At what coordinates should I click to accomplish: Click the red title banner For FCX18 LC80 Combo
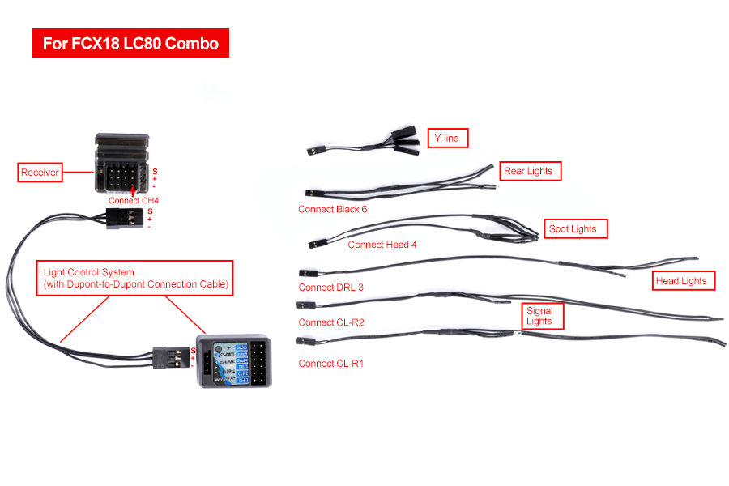(x=130, y=43)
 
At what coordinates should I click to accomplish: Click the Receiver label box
(x=40, y=173)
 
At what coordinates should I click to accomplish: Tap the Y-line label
(x=447, y=139)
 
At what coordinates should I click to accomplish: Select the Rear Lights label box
(x=527, y=171)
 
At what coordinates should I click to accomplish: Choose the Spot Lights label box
(x=573, y=229)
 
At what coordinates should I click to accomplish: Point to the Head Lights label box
(x=681, y=281)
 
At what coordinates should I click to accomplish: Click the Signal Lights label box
(x=539, y=316)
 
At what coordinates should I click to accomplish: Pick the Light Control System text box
(x=135, y=278)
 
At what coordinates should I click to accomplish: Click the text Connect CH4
(x=134, y=200)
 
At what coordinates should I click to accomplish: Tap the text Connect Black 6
(x=332, y=209)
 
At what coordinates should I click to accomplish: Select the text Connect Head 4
(x=382, y=244)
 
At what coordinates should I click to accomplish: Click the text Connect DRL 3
(x=330, y=288)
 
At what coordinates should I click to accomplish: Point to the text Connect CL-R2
(x=330, y=322)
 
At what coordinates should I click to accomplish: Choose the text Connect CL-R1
(x=330, y=364)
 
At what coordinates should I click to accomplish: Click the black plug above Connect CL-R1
(x=305, y=343)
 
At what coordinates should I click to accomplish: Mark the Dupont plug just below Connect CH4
(x=125, y=217)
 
